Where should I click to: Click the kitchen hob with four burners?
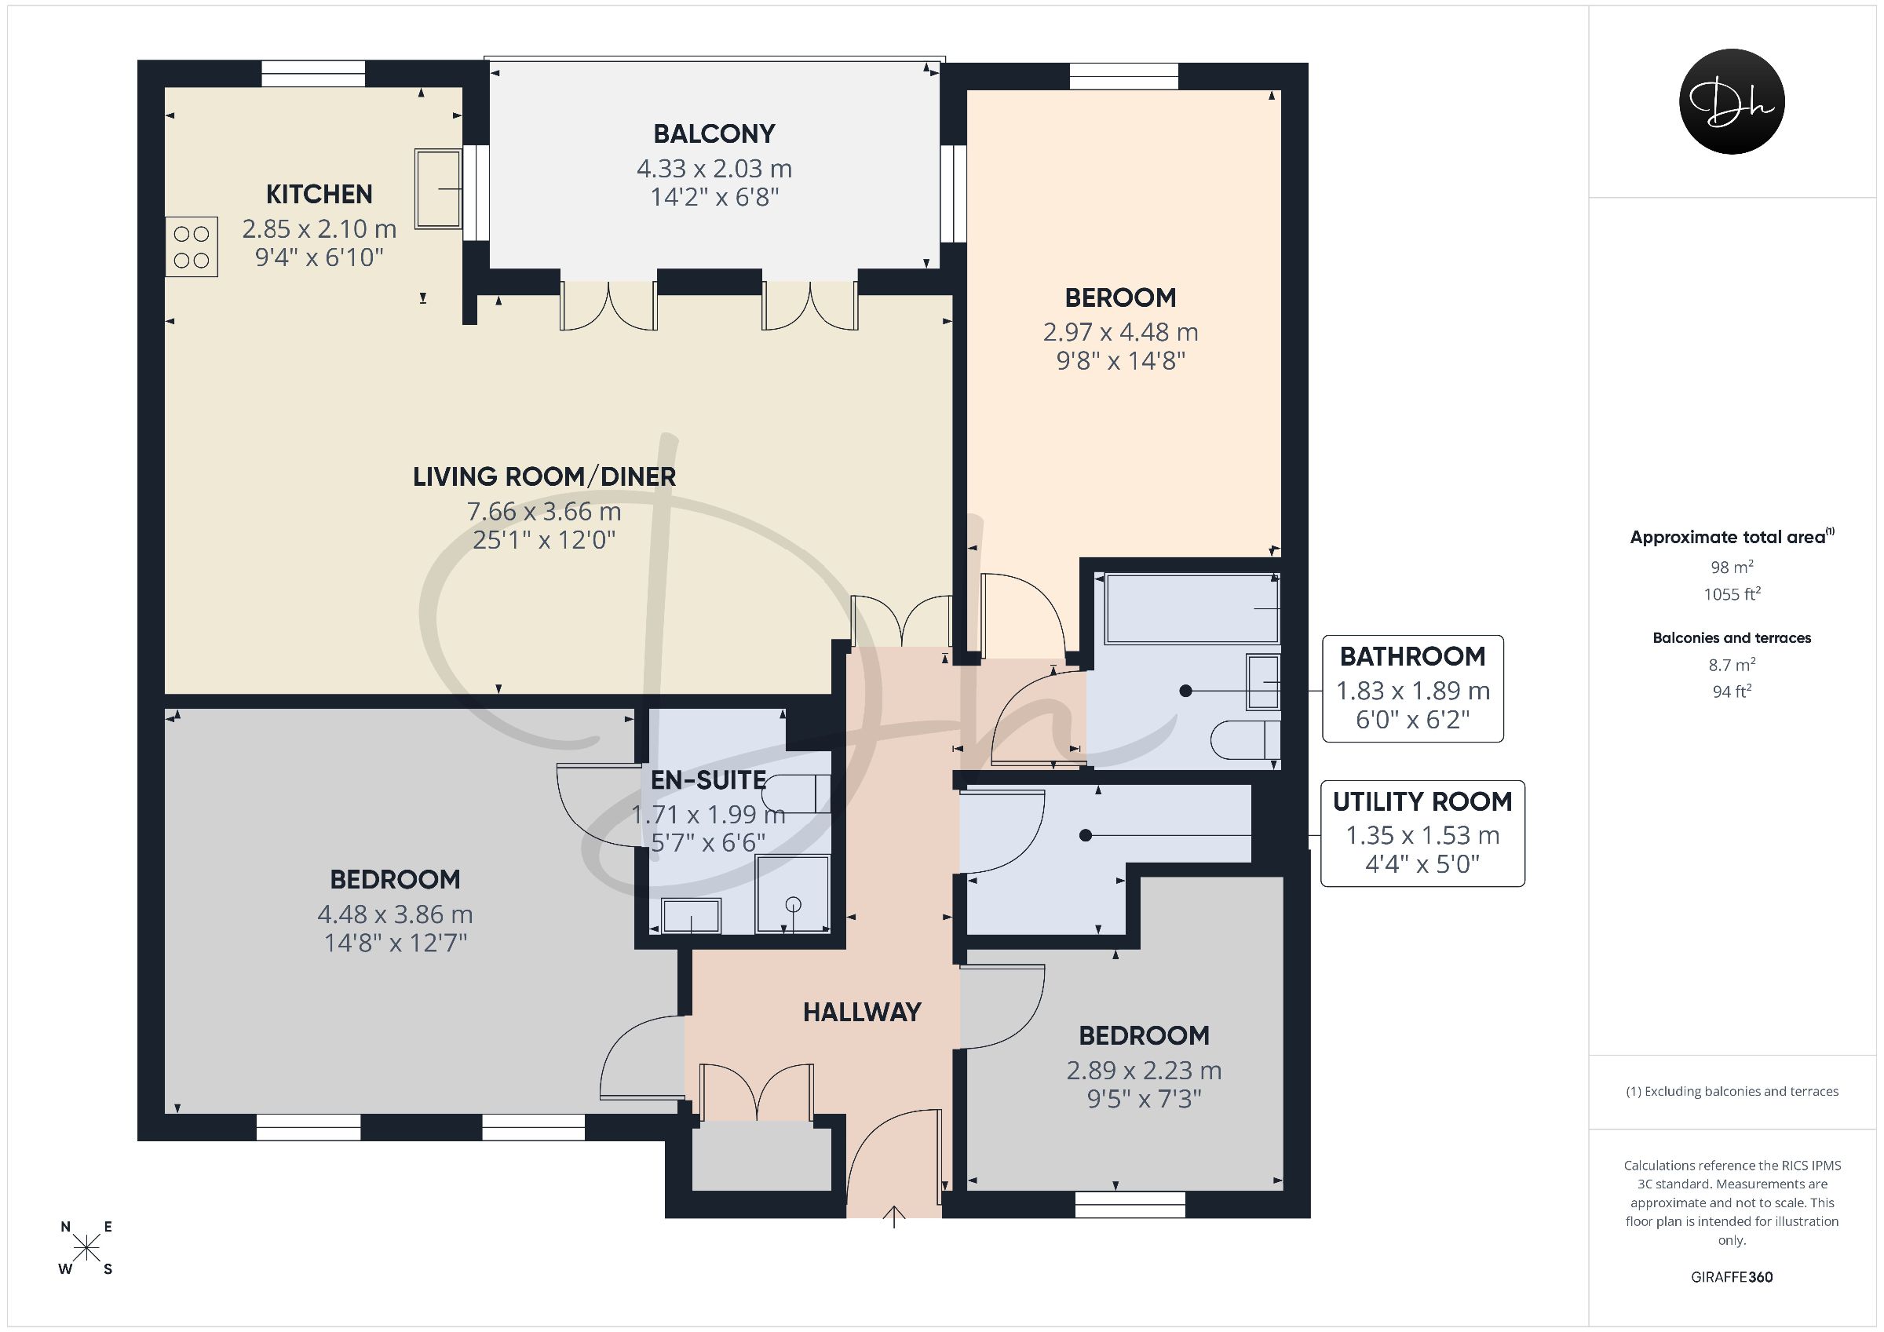click(x=192, y=246)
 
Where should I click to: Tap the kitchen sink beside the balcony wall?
click(x=438, y=188)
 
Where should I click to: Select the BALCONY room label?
click(x=714, y=133)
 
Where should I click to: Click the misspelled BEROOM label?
click(x=1120, y=297)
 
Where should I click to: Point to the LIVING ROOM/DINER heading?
click(x=544, y=476)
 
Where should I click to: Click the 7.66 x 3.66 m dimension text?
click(x=544, y=511)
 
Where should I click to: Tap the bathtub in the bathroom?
click(x=1192, y=608)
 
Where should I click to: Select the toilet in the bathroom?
click(x=1246, y=739)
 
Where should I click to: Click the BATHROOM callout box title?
click(x=1412, y=656)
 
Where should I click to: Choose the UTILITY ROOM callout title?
click(x=1422, y=801)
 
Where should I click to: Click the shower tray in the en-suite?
click(x=793, y=893)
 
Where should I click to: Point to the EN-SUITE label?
click(x=708, y=779)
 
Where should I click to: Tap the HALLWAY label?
click(x=862, y=1012)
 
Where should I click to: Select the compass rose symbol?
click(x=86, y=1248)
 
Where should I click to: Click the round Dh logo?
click(x=1732, y=101)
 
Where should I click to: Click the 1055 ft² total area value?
click(x=1732, y=593)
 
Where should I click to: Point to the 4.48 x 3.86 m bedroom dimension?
click(x=395, y=914)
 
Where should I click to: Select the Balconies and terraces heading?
click(x=1732, y=637)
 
